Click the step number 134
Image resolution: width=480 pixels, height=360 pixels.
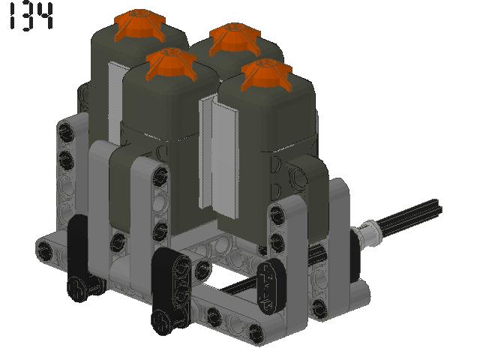coord(31,16)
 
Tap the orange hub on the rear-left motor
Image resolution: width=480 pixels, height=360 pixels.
coord(140,25)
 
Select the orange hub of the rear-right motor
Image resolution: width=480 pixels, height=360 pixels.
coord(235,39)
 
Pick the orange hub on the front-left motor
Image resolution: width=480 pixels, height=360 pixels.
coord(170,64)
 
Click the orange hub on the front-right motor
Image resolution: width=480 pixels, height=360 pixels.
coord(267,75)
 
